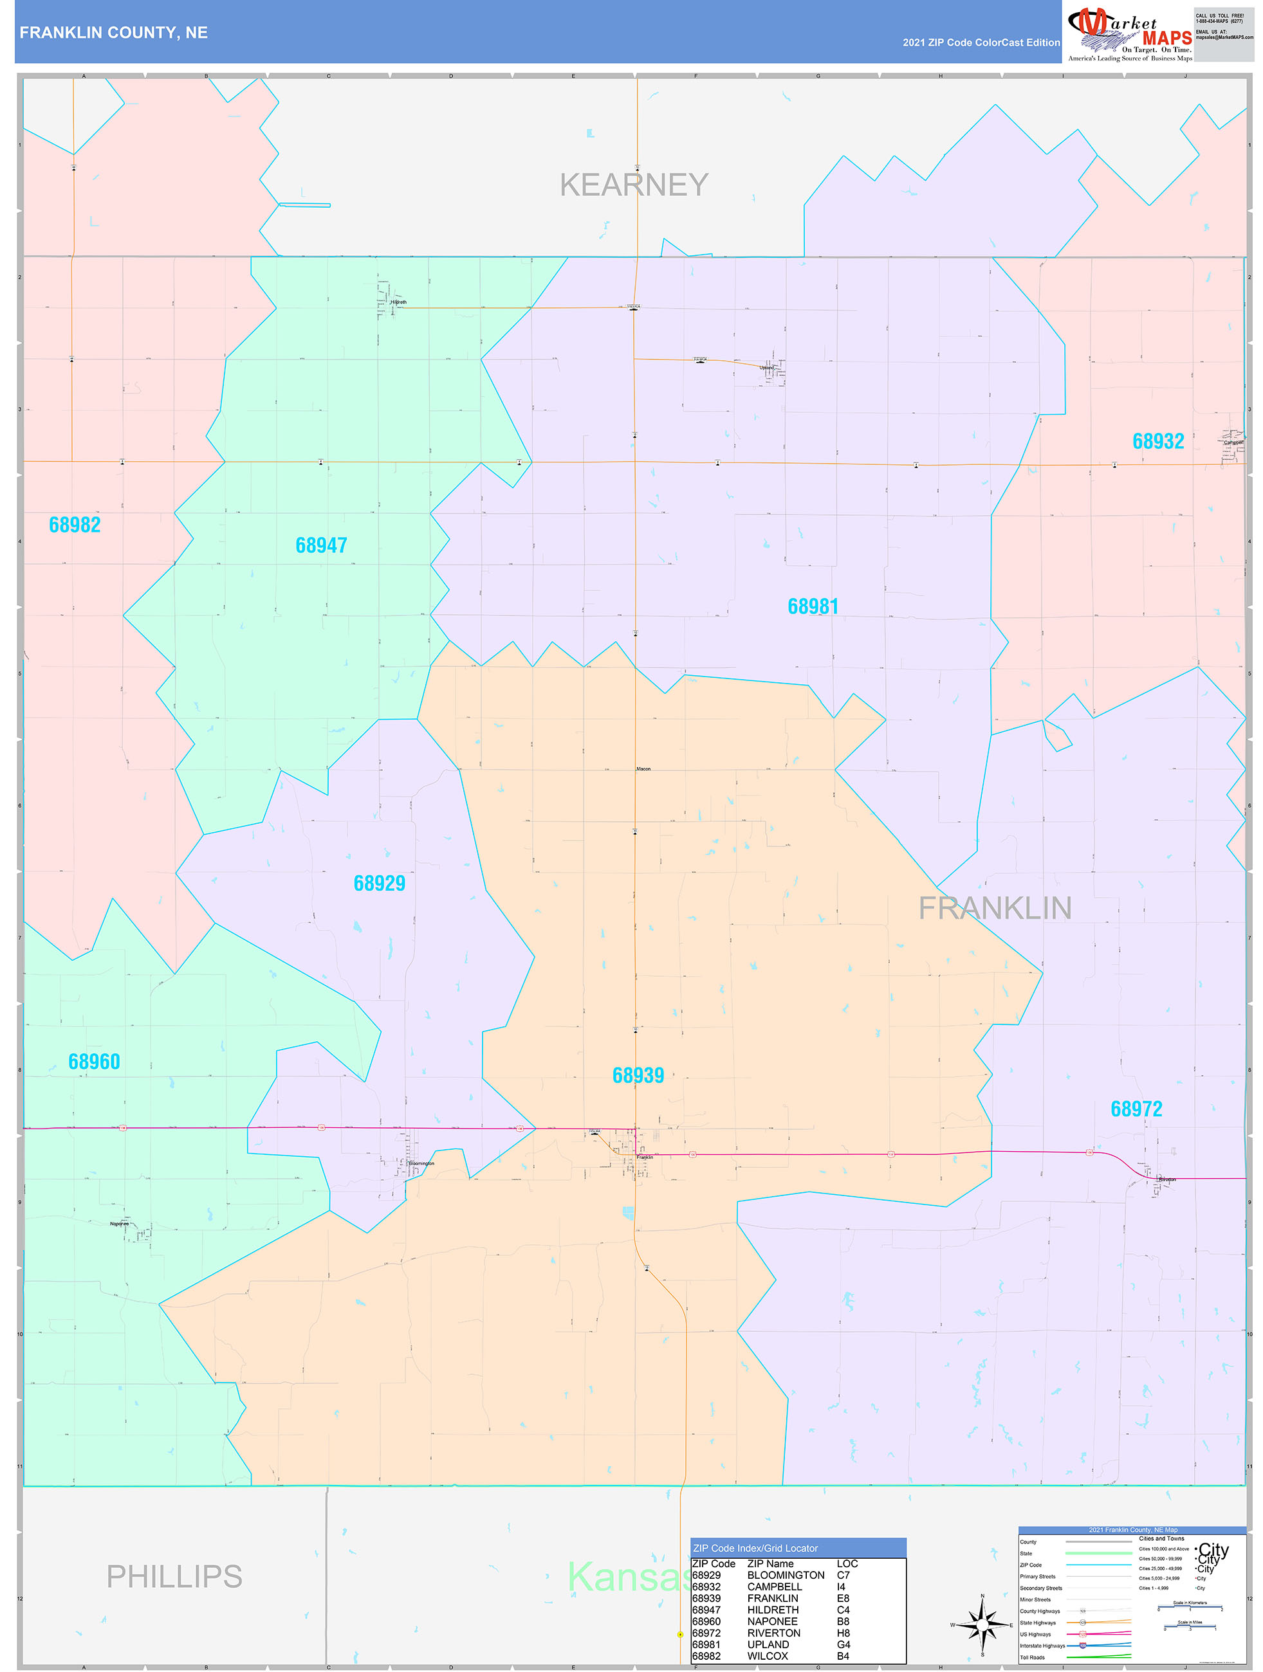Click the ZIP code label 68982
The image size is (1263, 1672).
(x=75, y=525)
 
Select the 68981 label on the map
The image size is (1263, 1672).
(x=813, y=606)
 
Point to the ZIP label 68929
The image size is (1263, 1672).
(x=380, y=883)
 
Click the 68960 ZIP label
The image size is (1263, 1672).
(x=95, y=1061)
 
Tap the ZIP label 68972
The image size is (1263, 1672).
(x=1137, y=1109)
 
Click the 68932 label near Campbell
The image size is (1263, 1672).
(x=1158, y=441)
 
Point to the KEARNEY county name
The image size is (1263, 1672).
(x=634, y=185)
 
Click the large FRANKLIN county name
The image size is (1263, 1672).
(x=995, y=909)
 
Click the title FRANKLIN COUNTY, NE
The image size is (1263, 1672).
(x=113, y=33)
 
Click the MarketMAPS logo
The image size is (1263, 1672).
(x=1130, y=33)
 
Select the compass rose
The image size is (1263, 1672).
(x=982, y=1624)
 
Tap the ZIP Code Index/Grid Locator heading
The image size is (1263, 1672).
(x=755, y=1542)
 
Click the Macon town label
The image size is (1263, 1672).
(x=643, y=768)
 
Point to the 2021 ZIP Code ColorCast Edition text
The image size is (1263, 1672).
(x=981, y=43)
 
